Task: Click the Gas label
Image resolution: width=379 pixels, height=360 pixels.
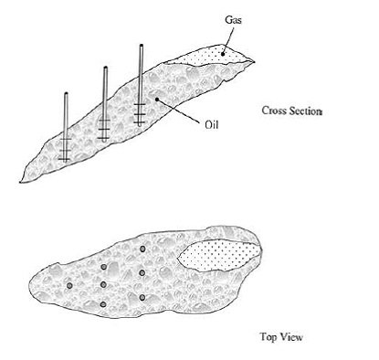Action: coord(234,20)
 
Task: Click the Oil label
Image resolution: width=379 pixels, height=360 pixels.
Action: coord(211,124)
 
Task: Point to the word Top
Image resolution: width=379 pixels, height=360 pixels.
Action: coord(268,337)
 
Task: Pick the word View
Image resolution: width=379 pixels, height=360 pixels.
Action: coord(291,337)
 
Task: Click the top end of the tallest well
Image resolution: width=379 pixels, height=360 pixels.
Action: coord(142,46)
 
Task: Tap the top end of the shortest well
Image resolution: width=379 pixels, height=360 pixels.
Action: coord(66,94)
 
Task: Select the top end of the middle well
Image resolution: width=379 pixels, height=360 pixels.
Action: coord(105,68)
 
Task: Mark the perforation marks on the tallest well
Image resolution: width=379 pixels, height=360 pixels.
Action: coord(140,113)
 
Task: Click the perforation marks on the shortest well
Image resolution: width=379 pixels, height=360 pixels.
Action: coord(65,149)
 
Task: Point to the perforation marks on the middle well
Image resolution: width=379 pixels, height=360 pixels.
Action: coord(104,129)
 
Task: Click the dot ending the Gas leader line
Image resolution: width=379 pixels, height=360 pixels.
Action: coord(223,54)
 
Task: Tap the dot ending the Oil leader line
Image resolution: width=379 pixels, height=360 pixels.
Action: coord(157,99)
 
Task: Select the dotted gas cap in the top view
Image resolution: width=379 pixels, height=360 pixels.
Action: coord(219,255)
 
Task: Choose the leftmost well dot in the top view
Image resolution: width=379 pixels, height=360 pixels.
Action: coord(69,285)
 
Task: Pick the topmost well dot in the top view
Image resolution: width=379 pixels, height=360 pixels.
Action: coord(142,249)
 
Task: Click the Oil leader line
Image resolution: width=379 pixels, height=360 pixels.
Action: coord(179,111)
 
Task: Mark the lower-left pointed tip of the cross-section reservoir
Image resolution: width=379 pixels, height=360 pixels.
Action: coord(20,182)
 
